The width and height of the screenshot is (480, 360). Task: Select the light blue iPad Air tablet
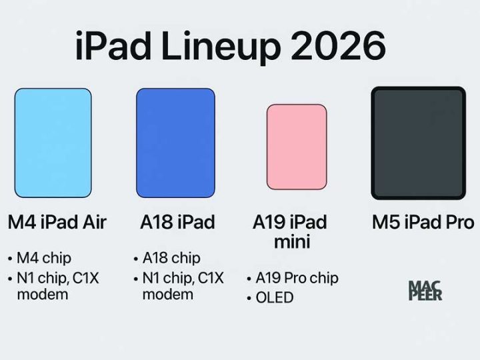tap(53, 143)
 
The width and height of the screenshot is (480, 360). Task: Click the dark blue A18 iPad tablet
tap(175, 143)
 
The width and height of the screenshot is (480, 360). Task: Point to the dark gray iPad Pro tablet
tap(418, 143)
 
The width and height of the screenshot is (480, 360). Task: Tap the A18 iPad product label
tap(177, 222)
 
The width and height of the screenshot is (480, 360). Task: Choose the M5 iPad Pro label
tap(423, 222)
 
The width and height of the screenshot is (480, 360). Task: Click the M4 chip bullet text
tap(44, 257)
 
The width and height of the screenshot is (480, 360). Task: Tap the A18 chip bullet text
tap(171, 257)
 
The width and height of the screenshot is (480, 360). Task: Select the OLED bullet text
tap(275, 297)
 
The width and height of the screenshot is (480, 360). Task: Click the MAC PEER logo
tap(425, 291)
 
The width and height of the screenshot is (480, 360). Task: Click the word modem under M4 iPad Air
tap(42, 294)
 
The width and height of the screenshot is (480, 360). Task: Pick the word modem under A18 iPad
tap(167, 294)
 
